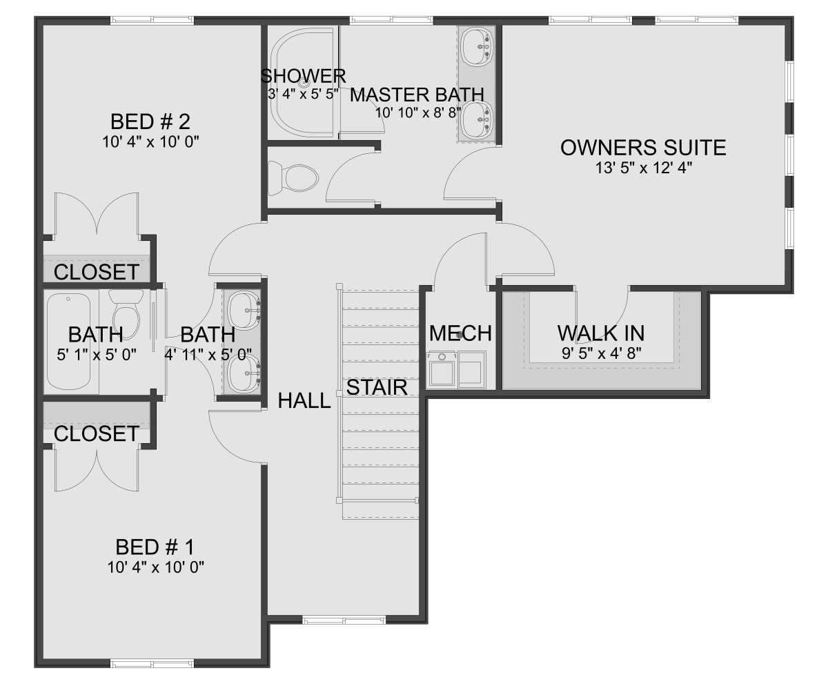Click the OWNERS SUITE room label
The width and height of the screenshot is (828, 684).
[643, 148]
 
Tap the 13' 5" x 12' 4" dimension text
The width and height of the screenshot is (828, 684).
[644, 168]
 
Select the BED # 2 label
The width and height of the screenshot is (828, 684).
[150, 121]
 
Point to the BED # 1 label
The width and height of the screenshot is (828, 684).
[155, 547]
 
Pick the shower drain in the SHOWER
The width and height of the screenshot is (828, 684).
[304, 84]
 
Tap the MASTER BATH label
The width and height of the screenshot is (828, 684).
[417, 95]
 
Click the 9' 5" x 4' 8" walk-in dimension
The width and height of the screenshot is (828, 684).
[601, 353]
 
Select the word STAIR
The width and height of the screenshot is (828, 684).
[377, 387]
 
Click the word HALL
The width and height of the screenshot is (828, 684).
[304, 401]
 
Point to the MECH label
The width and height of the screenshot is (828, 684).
[460, 333]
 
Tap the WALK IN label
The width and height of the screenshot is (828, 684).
[601, 333]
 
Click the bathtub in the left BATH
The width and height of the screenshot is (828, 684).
[68, 342]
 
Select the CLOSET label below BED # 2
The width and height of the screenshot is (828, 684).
[97, 272]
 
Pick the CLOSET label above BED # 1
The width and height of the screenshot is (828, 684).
[97, 433]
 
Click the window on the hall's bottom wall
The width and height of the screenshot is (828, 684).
[344, 620]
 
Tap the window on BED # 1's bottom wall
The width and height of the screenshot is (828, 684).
[152, 663]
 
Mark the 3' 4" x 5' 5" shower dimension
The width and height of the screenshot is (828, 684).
[304, 94]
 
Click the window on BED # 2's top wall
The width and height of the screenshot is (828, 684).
[152, 20]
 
